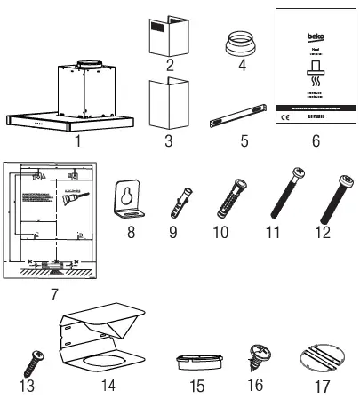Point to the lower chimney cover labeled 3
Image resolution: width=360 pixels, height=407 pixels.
pyautogui.click(x=160, y=106)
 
